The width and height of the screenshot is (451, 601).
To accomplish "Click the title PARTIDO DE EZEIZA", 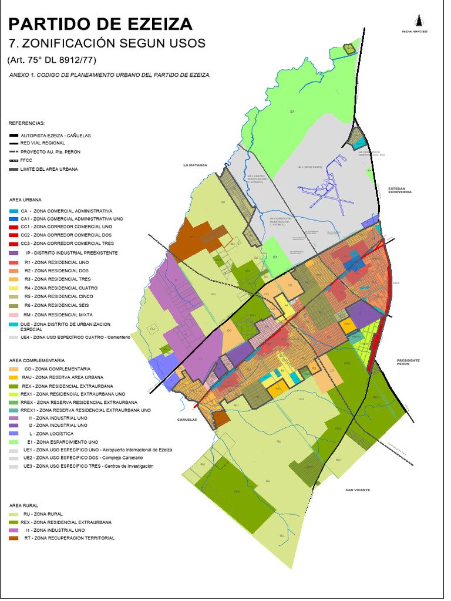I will [100, 23].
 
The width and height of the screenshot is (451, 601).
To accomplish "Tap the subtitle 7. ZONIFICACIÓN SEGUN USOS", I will [106, 43].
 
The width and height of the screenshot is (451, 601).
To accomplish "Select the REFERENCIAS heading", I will [26, 124].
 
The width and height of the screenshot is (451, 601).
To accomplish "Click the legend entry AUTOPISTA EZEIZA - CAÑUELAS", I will [55, 135].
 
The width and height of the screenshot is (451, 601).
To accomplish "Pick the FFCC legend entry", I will [26, 160].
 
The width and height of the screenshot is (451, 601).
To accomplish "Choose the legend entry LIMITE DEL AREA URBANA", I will [48, 169].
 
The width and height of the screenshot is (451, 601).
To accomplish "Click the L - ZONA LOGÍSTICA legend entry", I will [56, 433].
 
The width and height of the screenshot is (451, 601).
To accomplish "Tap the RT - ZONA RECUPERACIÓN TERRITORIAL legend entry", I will [69, 538].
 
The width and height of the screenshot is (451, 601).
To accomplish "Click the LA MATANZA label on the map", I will [195, 166].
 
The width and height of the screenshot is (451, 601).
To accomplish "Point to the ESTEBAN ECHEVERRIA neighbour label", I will [400, 190].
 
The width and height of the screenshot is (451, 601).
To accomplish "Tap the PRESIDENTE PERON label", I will [409, 362].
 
